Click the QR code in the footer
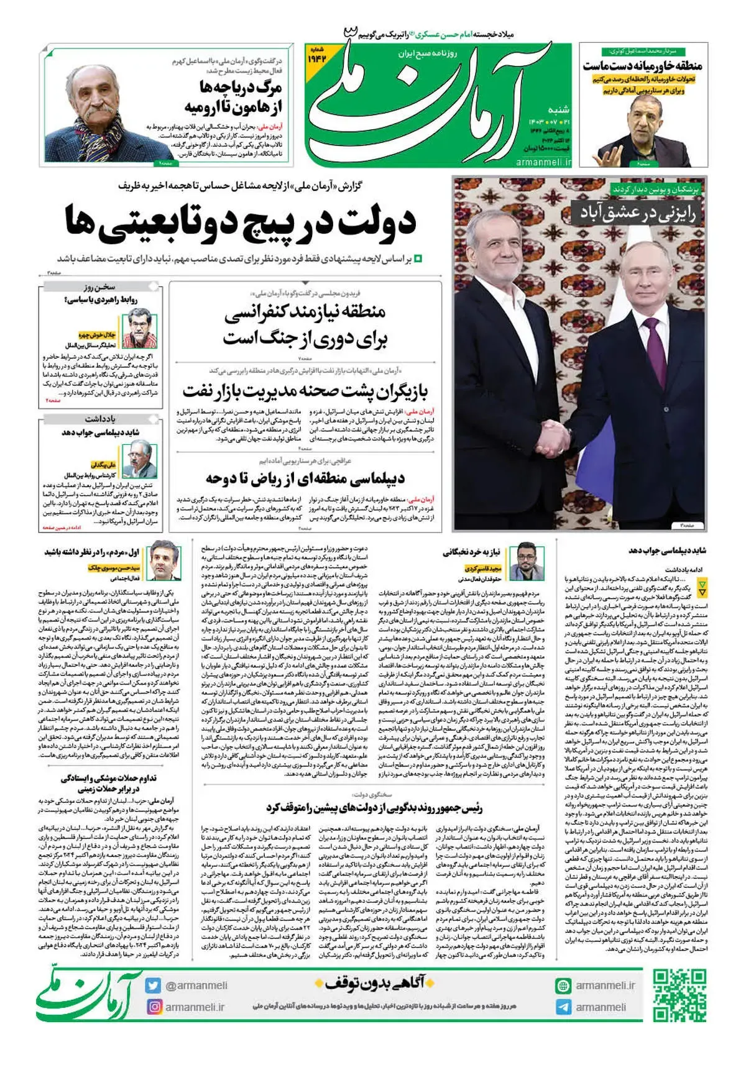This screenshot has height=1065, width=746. (x=679, y=995)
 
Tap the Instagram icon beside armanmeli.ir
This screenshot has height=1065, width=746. (x=154, y=1007)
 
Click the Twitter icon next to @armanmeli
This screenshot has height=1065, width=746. (x=154, y=985)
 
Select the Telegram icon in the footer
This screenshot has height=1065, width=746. (x=563, y=1007)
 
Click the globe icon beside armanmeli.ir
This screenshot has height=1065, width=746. (x=563, y=985)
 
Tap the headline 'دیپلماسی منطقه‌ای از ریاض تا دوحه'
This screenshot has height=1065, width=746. (x=305, y=478)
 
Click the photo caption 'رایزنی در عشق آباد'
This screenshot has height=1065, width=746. (x=638, y=213)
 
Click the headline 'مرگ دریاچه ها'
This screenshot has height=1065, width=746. (x=241, y=86)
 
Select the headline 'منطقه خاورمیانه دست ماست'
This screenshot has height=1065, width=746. (x=642, y=66)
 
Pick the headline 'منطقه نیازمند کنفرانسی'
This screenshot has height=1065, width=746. (x=305, y=312)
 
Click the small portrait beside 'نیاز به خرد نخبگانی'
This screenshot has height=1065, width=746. (x=526, y=563)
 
